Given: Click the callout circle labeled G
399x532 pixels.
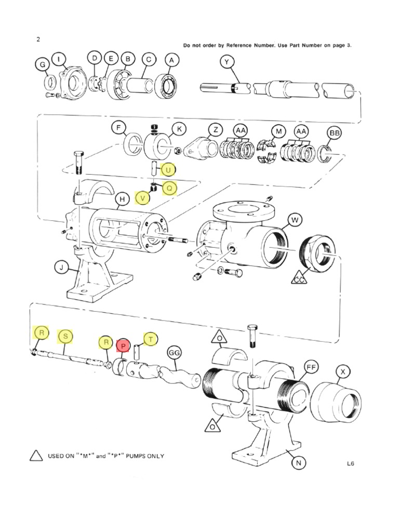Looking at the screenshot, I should coord(42,65).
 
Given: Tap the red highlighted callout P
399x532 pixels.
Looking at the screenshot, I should coord(123,345).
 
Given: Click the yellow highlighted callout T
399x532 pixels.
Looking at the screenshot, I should coord(151,340).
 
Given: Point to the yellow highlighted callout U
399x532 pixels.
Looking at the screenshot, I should coord(168,169).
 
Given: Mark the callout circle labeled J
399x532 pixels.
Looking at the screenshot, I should coord(61,268).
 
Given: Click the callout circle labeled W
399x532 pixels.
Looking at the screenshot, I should coord(295,220).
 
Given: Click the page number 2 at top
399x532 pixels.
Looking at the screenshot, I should coord(38,39).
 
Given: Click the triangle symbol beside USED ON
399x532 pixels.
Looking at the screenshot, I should coord(36,456).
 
